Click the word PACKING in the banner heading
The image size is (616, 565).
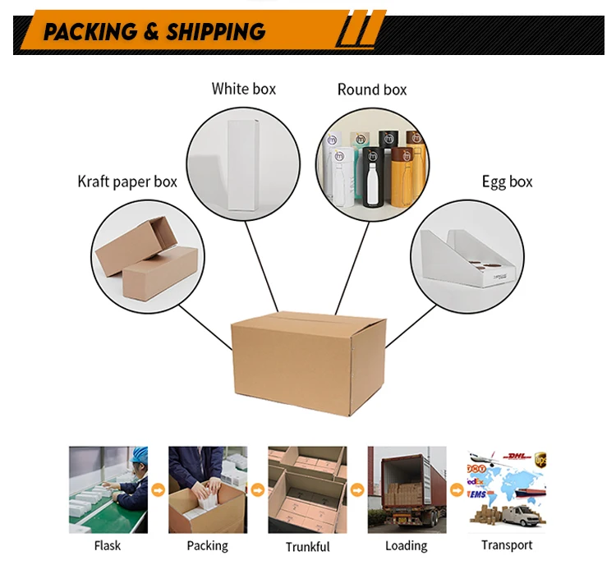90,32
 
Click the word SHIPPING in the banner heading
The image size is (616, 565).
215,32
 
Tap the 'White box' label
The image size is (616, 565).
244,89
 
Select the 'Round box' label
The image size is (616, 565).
372,90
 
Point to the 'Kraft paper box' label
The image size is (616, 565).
127,181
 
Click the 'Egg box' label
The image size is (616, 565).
507,181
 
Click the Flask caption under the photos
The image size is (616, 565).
107,545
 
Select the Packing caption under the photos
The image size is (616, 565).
207,545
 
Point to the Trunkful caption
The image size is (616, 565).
307,546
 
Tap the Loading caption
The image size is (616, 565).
407,545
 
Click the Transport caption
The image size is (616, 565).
507,545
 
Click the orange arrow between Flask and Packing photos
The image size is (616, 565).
158,490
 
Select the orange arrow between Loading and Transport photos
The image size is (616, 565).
457,490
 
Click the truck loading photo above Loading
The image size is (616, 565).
407,490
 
